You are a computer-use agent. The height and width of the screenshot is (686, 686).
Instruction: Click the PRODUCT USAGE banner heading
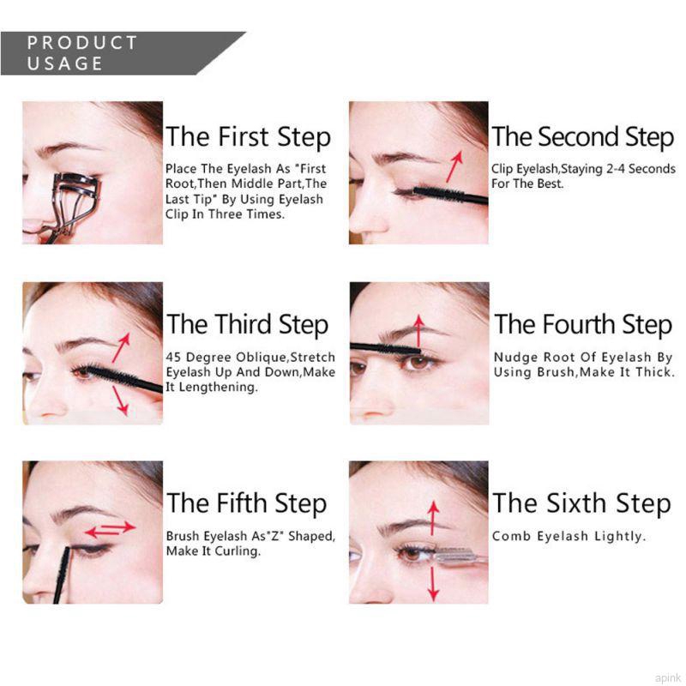tap(82, 53)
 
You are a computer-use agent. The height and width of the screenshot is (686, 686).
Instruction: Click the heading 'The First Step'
tap(248, 137)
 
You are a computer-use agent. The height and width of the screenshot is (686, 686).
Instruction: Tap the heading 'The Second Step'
tap(583, 137)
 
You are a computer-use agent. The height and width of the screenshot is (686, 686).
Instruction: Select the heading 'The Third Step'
tap(247, 325)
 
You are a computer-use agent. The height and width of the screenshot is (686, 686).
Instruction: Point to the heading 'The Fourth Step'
tap(583, 325)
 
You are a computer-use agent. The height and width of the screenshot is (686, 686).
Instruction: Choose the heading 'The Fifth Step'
tap(246, 503)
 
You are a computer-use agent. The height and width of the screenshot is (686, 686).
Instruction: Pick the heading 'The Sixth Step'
tap(581, 503)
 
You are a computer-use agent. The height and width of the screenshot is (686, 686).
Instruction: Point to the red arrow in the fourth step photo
tap(418, 330)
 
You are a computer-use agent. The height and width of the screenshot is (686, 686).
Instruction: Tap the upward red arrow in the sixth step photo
tap(434, 518)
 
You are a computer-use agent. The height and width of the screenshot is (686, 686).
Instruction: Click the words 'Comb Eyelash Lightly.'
tap(568, 537)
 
